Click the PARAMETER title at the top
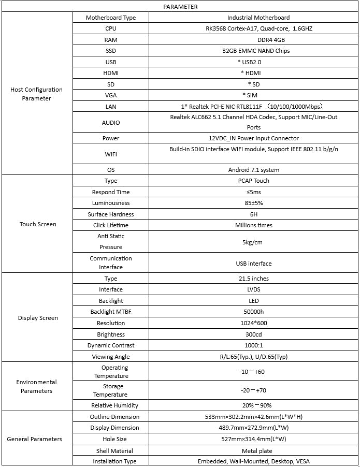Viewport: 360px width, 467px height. point(180,7)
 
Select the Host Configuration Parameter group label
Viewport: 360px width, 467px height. point(36,94)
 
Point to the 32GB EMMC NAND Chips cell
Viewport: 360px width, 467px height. point(253,51)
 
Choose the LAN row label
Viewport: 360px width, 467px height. point(111,107)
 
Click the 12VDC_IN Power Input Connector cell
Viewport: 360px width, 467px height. point(253,139)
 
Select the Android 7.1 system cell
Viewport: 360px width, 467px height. point(253,170)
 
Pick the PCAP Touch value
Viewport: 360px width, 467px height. point(253,181)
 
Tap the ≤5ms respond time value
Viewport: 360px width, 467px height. point(253,192)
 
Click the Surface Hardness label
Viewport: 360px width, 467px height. point(111,214)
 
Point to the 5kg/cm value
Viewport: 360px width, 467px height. point(252,242)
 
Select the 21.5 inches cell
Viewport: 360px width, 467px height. point(253,279)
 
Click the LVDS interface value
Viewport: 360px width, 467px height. point(253,289)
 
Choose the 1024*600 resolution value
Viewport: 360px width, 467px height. point(253,323)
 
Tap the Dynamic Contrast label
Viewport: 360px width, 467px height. point(111,345)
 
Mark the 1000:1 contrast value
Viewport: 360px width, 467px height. point(253,345)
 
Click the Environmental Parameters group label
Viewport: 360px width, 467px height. point(36,387)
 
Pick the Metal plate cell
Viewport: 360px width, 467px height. point(253,451)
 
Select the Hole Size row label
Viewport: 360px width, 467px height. point(111,439)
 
